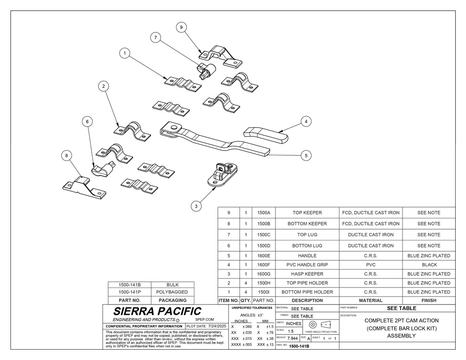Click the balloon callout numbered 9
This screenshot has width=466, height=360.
click(x=182, y=27)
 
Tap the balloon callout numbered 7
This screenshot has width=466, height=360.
click(x=154, y=37)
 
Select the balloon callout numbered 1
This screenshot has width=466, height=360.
click(x=124, y=54)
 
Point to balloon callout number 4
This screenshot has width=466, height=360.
click(x=306, y=121)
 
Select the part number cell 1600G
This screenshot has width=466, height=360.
click(x=263, y=274)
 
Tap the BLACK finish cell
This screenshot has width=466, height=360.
click(x=429, y=265)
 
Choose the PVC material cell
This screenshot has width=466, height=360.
click(x=370, y=265)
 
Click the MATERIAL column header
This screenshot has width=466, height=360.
click(x=370, y=300)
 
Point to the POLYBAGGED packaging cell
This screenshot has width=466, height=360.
click(x=173, y=292)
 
